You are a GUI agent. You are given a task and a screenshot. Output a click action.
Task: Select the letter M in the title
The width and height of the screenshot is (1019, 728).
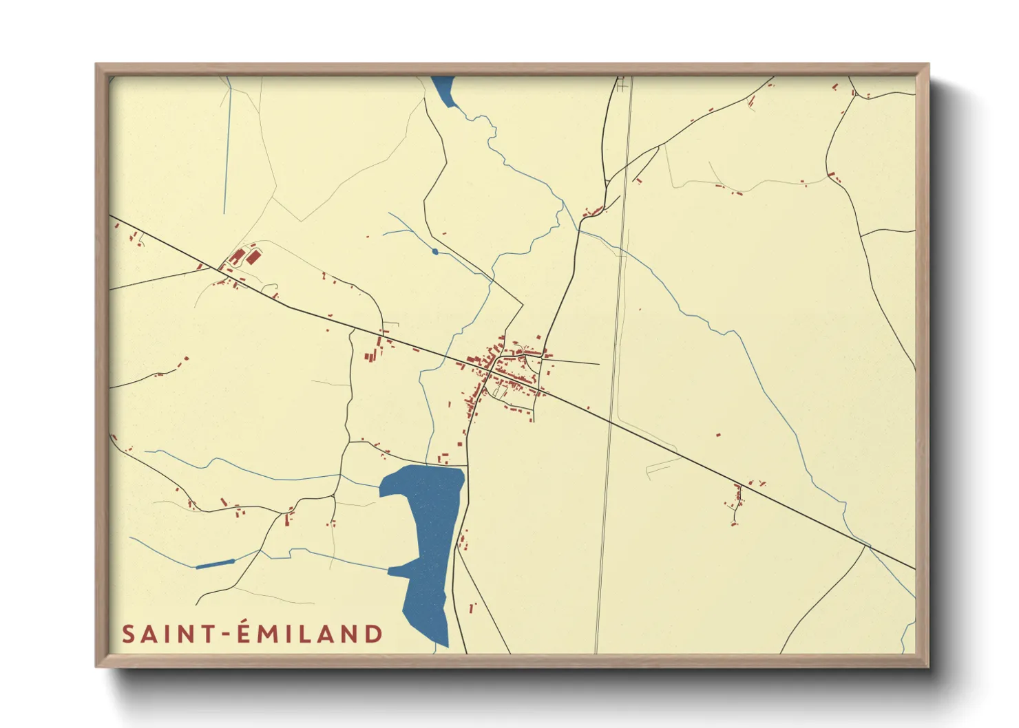coord(271,634)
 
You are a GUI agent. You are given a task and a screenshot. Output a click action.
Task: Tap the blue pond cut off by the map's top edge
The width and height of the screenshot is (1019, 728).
coord(444,89)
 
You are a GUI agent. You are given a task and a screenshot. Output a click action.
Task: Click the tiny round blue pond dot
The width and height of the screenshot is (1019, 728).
coord(434,251)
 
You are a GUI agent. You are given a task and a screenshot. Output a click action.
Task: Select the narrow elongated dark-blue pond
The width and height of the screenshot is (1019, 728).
coord(216,564)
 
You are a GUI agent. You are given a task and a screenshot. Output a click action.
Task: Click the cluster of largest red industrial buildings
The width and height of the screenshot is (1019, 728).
coord(246,257)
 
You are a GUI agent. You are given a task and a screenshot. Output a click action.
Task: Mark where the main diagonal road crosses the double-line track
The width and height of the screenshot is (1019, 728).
coord(610,421)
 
